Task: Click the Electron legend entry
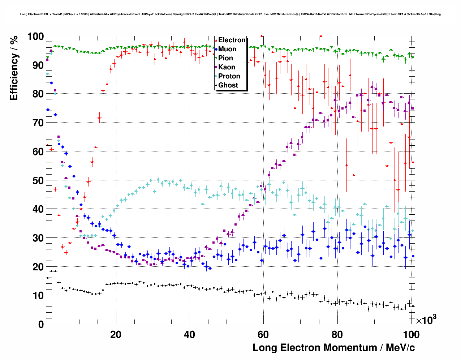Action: coord(232,40)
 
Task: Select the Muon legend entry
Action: coord(227,49)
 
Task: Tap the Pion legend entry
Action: coord(225,58)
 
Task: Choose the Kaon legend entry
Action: coord(227,67)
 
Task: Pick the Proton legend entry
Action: coord(229,76)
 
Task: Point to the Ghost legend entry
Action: coord(228,85)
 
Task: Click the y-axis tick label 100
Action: coord(35,37)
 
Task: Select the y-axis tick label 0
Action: coord(41,324)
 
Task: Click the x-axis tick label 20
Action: coord(116,334)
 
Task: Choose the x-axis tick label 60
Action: coord(263,334)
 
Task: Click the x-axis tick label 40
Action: coord(189,334)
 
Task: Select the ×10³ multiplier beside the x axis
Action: coord(426,320)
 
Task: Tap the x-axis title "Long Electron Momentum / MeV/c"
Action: coord(333,348)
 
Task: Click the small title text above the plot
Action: coord(231,14)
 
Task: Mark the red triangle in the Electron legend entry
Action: coord(216,40)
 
